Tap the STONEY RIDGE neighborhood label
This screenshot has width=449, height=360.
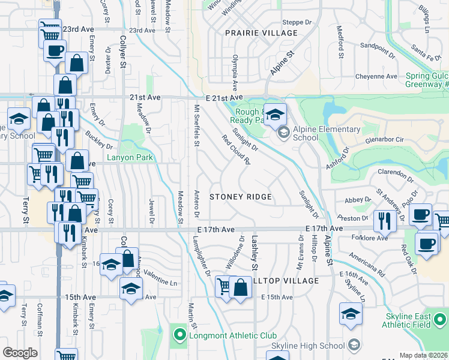(x=240, y=197)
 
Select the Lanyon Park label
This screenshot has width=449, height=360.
(x=130, y=158)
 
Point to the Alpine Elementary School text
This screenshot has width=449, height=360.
(x=327, y=133)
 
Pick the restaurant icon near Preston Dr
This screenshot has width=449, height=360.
(x=382, y=221)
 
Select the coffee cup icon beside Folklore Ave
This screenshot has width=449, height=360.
(x=427, y=244)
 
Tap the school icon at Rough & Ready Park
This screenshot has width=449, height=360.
(x=275, y=114)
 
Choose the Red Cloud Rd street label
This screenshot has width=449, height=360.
(x=235, y=149)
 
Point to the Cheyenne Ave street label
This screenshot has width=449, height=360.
(x=376, y=77)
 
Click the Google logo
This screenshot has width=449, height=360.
(x=20, y=353)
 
